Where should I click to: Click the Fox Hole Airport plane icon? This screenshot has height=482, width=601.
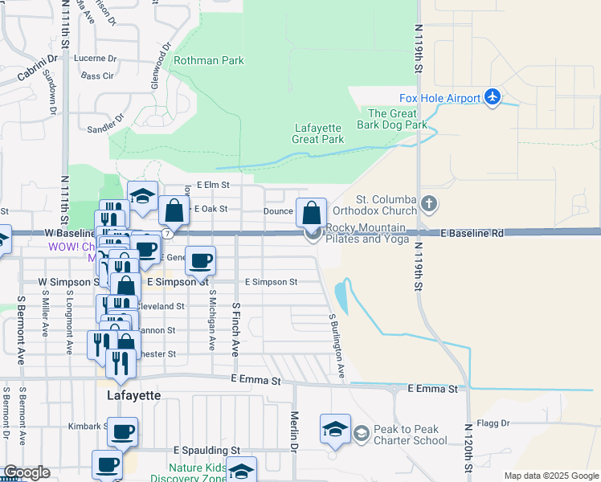[493, 98]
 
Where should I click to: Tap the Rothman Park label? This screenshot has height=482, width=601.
[208, 60]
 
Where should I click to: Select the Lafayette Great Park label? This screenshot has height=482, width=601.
[318, 133]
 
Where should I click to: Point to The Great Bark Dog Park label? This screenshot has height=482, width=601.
[397, 119]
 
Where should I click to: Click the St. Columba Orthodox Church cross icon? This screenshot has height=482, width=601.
[430, 204]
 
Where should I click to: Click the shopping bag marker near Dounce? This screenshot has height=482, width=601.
[311, 213]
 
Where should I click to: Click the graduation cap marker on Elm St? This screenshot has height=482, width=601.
[142, 198]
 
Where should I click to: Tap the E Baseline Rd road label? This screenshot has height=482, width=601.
[472, 233]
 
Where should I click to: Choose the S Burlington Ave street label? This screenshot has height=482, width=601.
[337, 345]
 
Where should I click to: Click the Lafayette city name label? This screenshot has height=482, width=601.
[134, 396]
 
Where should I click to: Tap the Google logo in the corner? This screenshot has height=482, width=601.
[27, 472]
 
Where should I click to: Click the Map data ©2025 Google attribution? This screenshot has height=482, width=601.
[550, 476]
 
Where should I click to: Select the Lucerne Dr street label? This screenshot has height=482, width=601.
[95, 59]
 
